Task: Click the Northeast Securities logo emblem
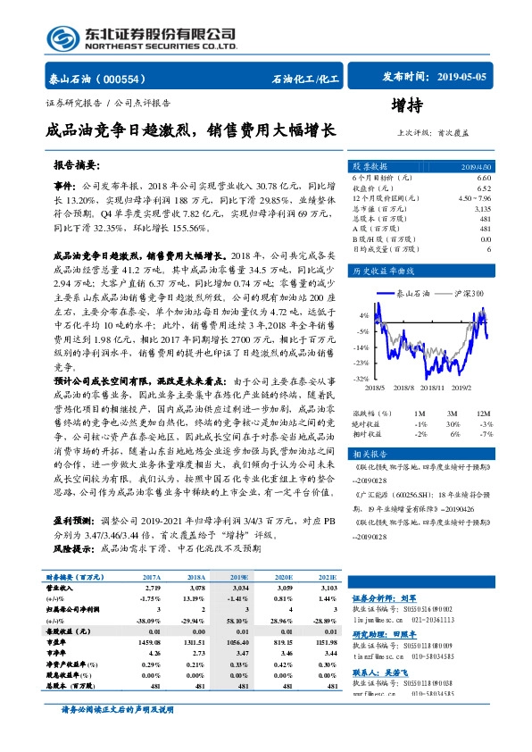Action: coord(62,38)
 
